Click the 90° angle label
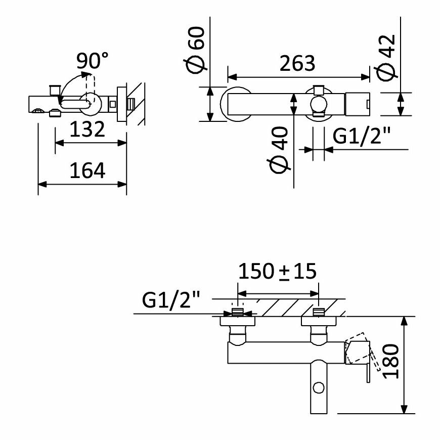click(92, 61)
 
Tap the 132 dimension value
click(87, 129)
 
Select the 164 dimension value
click(87, 170)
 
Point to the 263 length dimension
click(297, 63)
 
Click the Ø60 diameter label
click(196, 50)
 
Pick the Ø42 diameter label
click(387, 57)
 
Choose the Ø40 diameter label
click(279, 150)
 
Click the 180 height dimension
click(391, 362)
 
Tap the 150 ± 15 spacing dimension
click(277, 272)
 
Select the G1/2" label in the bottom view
click(171, 300)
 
